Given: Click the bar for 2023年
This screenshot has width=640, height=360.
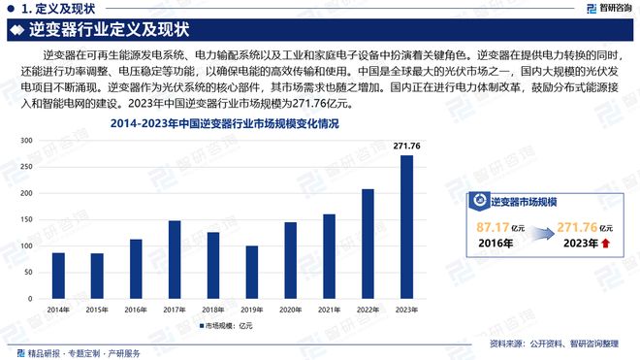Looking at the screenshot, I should tap(406, 225).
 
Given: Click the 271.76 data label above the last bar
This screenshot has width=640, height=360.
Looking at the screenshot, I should tap(407, 147).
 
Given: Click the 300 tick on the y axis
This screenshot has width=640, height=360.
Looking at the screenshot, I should tap(26, 142).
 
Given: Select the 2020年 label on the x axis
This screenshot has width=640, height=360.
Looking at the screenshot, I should tap(290, 310).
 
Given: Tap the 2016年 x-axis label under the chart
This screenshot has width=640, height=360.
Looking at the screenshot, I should tap(136, 310).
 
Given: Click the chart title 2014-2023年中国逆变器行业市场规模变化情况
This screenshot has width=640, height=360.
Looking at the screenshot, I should tap(225, 124).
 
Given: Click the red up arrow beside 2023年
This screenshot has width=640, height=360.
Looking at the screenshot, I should tap(607, 245).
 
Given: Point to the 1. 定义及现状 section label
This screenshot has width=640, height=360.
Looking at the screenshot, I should tap(48, 8).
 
